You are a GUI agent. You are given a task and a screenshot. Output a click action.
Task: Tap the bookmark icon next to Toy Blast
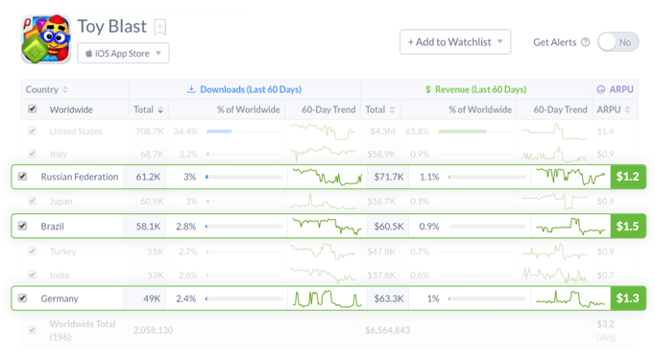(x=160, y=27)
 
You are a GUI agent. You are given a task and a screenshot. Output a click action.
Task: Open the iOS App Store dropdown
(x=123, y=53)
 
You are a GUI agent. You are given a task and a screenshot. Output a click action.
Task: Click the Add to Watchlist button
(x=455, y=42)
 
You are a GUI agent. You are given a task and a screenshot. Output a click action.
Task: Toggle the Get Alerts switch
(x=619, y=42)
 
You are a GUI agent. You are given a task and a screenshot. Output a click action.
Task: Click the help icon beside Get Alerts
(x=585, y=42)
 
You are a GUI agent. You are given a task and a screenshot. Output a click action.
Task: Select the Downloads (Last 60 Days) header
(x=248, y=89)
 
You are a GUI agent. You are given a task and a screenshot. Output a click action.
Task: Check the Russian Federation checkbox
(x=23, y=177)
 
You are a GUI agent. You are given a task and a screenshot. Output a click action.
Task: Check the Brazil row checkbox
(x=23, y=226)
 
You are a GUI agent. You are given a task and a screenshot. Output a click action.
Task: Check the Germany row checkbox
(x=23, y=299)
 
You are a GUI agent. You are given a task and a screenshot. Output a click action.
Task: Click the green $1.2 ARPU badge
(x=628, y=177)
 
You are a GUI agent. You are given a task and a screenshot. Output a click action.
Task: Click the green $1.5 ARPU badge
(x=628, y=226)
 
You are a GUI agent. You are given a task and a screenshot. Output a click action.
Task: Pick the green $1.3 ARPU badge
(x=628, y=299)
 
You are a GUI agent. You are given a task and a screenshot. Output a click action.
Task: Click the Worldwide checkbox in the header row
(x=33, y=109)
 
